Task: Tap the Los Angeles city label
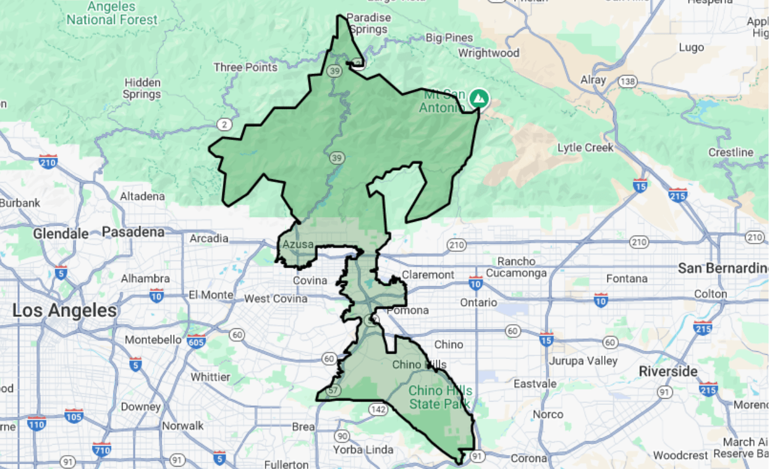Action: pos(65,311)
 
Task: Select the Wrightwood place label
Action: pos(488,53)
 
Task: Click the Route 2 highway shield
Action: pos(224,124)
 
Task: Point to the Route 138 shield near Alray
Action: pos(628,81)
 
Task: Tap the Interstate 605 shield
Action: pos(196,342)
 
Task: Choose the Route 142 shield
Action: pos(378,409)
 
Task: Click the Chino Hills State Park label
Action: pos(440,397)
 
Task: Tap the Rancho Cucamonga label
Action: pos(516,267)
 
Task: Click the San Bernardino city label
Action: pos(723,268)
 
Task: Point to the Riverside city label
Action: pos(668,371)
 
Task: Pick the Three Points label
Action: pos(246,67)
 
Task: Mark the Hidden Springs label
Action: pos(142,88)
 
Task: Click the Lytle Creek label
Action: pos(586,148)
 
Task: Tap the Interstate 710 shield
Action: pos(102,449)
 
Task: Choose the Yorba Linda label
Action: pos(365,450)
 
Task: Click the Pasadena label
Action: pos(133,232)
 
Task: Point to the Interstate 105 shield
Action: pos(74,415)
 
